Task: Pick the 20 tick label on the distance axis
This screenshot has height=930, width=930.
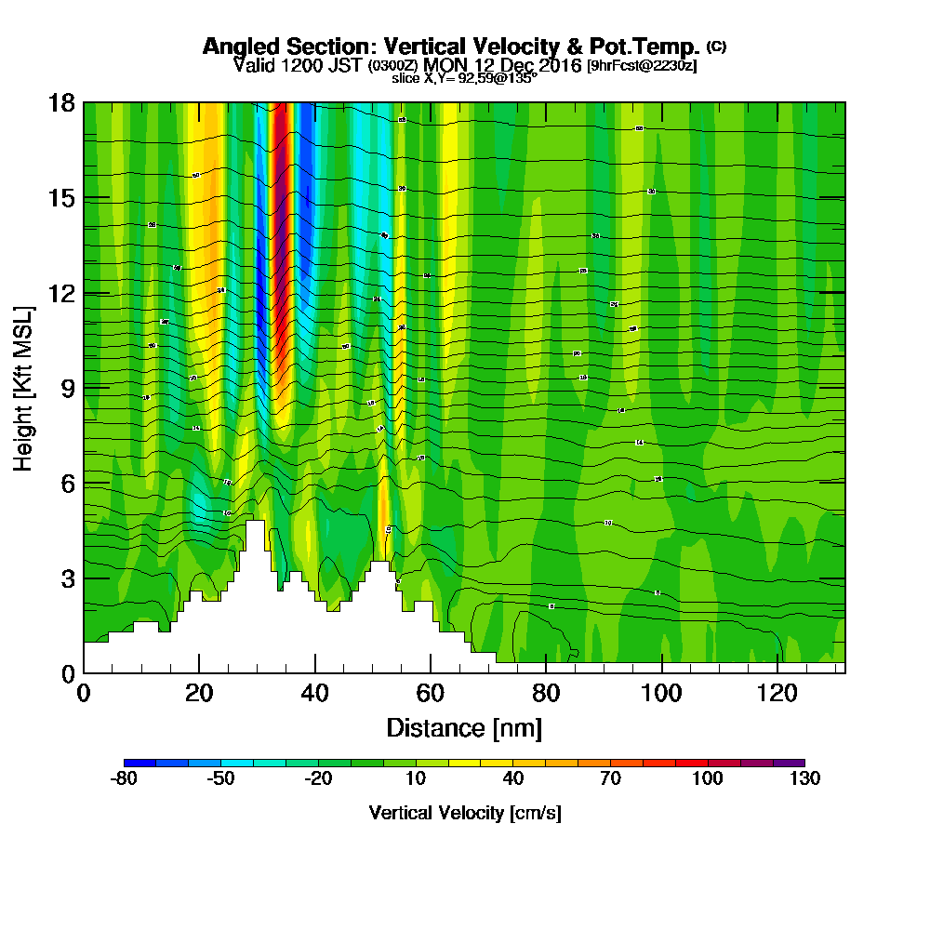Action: [199, 693]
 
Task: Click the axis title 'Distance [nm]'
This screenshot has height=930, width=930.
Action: [464, 727]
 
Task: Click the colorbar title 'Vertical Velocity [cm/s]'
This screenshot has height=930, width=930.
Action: [464, 813]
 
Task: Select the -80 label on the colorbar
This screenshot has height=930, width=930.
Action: [124, 779]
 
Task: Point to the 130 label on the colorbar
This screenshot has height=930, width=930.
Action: [804, 779]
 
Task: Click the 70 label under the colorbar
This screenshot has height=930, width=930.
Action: [610, 779]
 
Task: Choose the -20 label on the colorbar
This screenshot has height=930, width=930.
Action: [318, 779]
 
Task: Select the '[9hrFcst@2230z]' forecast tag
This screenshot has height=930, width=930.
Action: [642, 65]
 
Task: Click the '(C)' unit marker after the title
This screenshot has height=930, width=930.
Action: [716, 46]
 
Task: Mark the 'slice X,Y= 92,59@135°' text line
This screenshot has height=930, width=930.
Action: [464, 78]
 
